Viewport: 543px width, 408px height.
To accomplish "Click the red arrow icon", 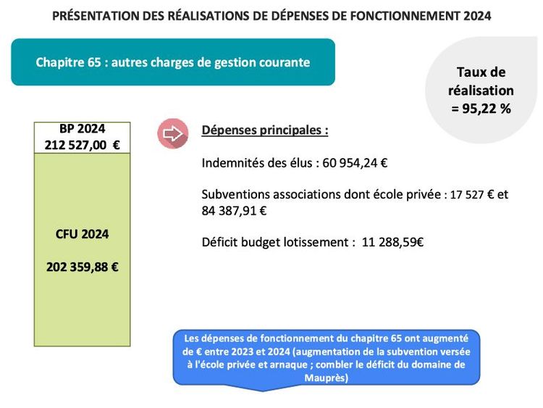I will click(172, 135).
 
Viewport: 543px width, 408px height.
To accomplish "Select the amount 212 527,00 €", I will click(82, 145).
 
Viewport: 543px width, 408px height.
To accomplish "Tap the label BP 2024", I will click(82, 130).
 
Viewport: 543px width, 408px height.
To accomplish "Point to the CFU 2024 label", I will click(82, 234).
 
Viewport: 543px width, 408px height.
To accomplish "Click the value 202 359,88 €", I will click(82, 266).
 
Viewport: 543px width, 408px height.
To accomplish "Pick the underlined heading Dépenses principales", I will click(265, 131).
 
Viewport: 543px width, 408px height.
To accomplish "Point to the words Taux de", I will click(481, 72).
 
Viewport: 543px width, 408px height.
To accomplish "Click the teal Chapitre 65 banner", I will click(173, 62).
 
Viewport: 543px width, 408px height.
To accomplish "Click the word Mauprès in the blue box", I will click(327, 378).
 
